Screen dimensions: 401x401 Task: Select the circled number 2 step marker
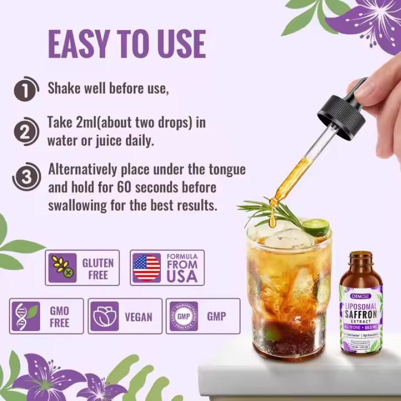tap(26, 132)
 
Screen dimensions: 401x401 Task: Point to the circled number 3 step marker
tap(26, 176)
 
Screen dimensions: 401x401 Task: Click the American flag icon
tap(147, 268)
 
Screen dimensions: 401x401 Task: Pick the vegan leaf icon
tap(105, 316)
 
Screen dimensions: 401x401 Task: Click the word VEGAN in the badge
tap(138, 317)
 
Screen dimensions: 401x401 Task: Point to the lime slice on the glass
tap(316, 227)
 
